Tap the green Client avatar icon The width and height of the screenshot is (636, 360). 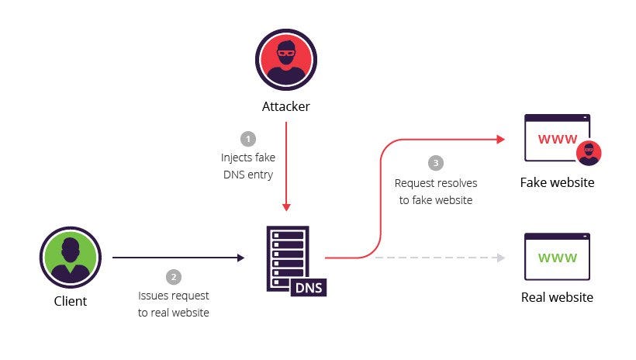click(69, 255)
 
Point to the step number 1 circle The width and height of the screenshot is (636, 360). click(248, 139)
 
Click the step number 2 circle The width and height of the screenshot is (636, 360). click(174, 277)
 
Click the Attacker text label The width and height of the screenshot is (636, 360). click(285, 106)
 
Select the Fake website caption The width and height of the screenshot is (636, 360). click(557, 183)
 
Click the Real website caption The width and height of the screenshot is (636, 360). click(557, 297)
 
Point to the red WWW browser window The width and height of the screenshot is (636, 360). click(557, 140)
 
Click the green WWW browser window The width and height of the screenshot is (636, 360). click(557, 257)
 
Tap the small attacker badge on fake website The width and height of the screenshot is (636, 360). click(589, 154)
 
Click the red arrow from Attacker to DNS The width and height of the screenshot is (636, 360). click(286, 167)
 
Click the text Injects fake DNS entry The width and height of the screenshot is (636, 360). click(248, 166)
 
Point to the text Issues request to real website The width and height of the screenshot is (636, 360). click(174, 304)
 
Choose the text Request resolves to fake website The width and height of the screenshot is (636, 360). click(436, 192)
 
